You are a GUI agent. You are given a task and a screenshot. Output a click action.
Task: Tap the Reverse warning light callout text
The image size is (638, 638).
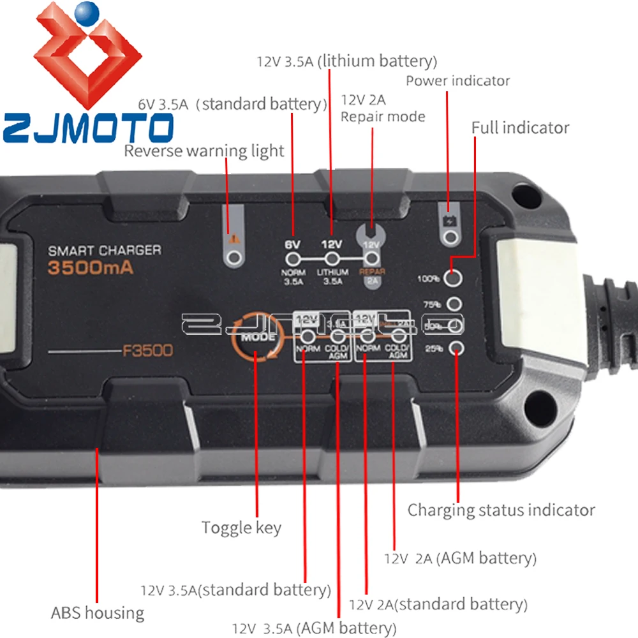[x=204, y=151]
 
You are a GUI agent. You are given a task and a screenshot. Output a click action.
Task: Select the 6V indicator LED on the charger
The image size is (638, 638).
[x=293, y=260]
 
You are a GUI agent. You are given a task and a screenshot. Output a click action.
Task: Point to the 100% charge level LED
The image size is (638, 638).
[x=454, y=278]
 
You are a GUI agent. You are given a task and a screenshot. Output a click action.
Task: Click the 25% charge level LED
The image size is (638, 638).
[x=456, y=348]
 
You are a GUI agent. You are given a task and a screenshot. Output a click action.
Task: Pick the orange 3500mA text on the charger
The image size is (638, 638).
[x=91, y=268]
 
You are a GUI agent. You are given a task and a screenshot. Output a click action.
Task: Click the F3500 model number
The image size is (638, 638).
[x=147, y=350]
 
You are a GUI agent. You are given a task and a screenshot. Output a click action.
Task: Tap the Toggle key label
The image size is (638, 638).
[x=241, y=528]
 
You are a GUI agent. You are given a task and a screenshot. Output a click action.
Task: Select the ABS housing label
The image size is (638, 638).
[x=98, y=613]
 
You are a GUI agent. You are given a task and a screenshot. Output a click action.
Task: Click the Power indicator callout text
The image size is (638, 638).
[x=457, y=81]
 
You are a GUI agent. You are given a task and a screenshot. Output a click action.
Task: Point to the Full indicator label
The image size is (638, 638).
[x=520, y=128]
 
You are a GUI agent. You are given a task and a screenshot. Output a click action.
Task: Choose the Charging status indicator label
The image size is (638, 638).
[x=501, y=510]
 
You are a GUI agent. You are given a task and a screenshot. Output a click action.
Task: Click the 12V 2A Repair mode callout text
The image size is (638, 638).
[x=382, y=108]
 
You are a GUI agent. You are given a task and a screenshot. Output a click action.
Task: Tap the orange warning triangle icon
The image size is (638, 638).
[x=234, y=239]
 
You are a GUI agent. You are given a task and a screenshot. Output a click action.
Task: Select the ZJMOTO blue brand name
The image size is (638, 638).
[x=87, y=126]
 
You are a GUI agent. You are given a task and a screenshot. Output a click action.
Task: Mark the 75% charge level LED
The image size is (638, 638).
[x=455, y=304]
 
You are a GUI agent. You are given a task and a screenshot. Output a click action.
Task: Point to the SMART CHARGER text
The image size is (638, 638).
[x=105, y=250]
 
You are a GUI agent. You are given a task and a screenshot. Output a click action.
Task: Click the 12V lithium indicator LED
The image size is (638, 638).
[x=332, y=260]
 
